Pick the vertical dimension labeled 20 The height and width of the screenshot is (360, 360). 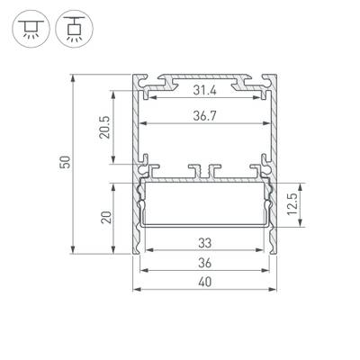point(106,216)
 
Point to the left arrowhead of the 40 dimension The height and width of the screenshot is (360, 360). point(137,290)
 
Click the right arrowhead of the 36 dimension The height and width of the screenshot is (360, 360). point(271,270)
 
